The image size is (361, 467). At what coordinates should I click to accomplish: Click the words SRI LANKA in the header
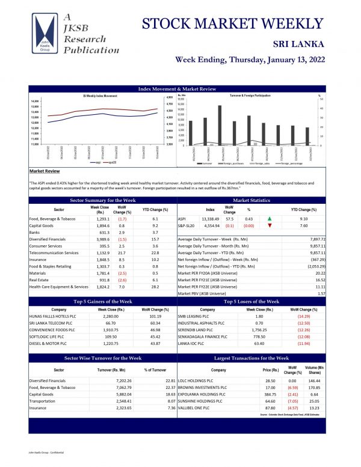point(298,44)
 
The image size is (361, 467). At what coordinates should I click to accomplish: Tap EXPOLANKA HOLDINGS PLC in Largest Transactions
point(203,394)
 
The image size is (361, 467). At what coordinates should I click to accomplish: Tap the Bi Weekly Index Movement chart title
point(100,96)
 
